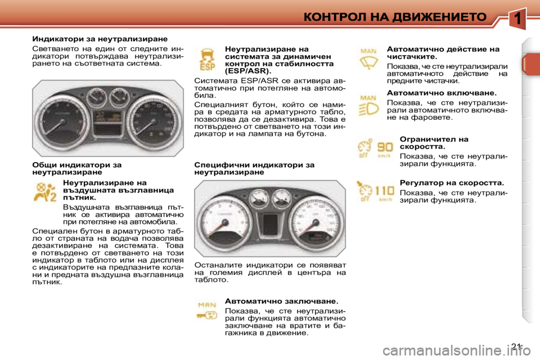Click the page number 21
coord(517,345)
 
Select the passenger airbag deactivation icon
coord(45,192)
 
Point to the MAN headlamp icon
coord(369,105)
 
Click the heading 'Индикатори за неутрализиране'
coord(100,39)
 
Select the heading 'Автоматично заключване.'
coord(281,301)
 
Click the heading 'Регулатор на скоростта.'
coord(451,183)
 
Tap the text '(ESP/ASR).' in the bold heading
coord(247,71)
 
